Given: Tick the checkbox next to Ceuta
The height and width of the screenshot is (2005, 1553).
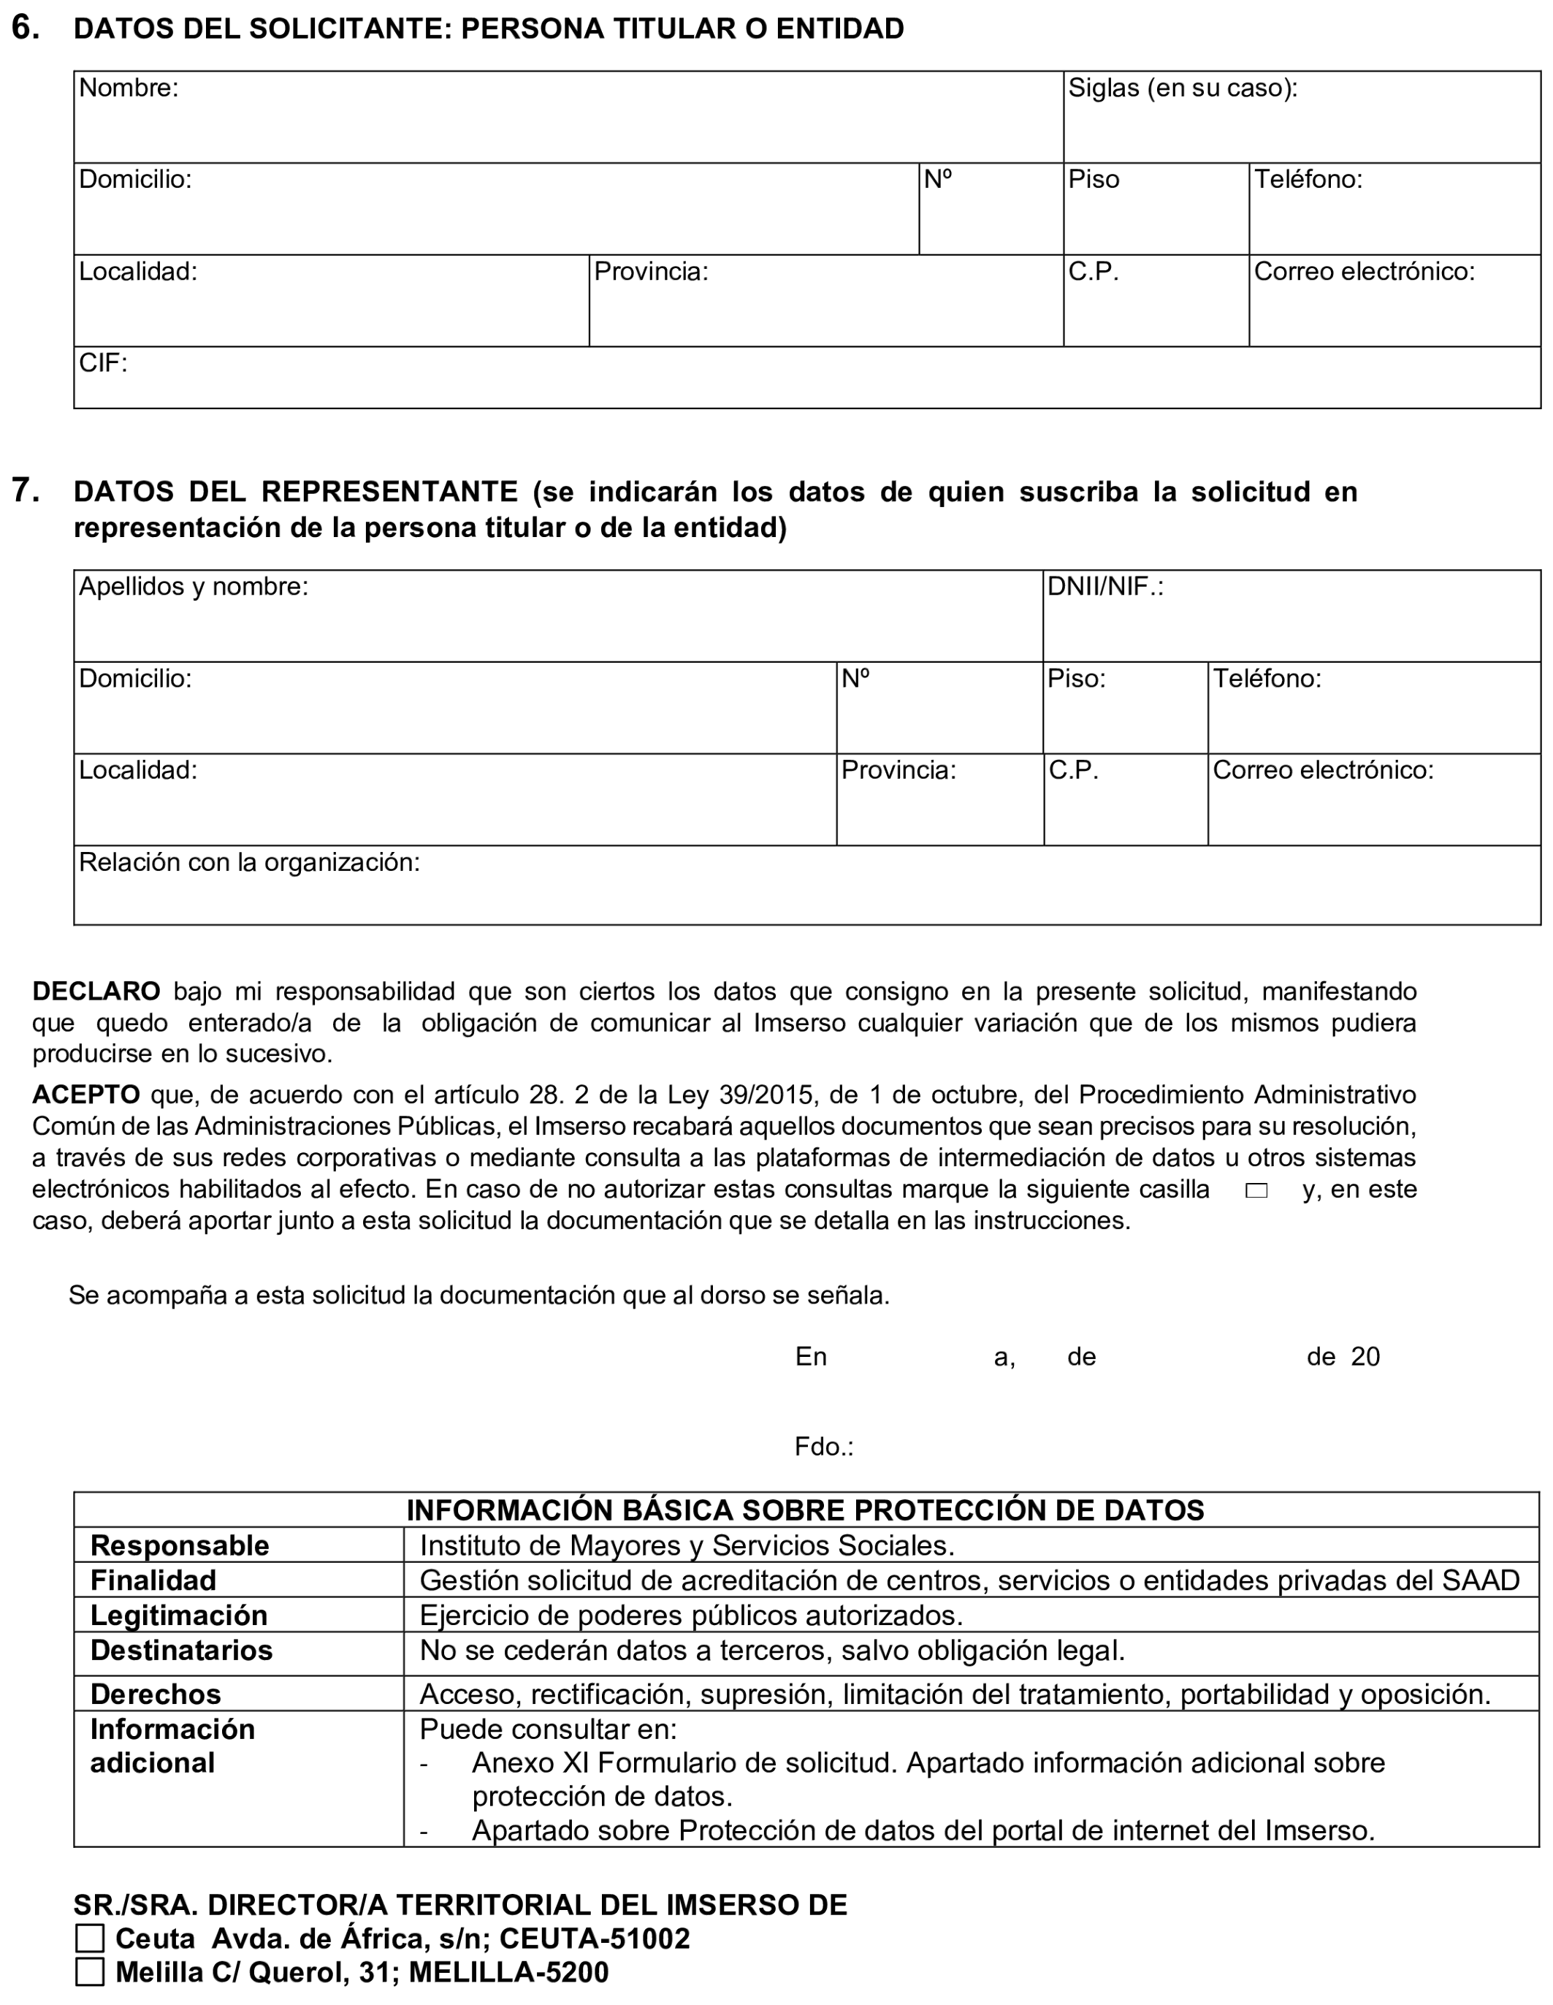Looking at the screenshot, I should pos(90,1938).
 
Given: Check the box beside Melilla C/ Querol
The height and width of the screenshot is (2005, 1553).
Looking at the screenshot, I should pos(90,1972).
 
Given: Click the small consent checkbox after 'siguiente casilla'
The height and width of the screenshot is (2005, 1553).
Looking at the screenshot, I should pos(1256,1191).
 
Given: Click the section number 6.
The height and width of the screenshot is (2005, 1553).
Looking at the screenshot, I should pos(25,28).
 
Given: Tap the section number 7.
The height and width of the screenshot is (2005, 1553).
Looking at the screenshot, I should pos(25,490).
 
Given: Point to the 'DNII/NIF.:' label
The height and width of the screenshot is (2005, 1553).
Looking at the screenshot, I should pos(1105,587).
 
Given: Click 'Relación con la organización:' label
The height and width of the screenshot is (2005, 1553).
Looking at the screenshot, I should pos(249,862).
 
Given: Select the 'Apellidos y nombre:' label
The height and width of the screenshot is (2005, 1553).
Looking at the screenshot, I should pos(193,587).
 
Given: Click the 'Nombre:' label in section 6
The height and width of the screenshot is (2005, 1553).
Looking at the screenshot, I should pos(128,88).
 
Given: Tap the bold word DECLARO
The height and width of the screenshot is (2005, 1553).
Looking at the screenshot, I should pos(96,992).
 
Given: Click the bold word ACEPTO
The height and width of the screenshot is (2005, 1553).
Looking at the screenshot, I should pos(85,1095).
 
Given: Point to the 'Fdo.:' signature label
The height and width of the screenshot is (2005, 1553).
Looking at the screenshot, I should pos(823,1447).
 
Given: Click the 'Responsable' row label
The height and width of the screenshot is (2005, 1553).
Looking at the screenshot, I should pos(179,1546).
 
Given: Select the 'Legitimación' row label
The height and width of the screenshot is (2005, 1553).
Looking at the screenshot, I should pos(178,1616).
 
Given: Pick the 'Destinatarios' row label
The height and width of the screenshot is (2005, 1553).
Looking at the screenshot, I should pos(181,1651).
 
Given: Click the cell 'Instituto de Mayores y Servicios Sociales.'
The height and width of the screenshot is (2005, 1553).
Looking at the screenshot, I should pos(687,1546).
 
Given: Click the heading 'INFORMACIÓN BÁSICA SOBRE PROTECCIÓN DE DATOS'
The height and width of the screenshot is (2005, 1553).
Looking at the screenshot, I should pos(805,1510).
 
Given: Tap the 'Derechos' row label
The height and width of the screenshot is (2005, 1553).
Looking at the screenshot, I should pos(155,1694).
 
